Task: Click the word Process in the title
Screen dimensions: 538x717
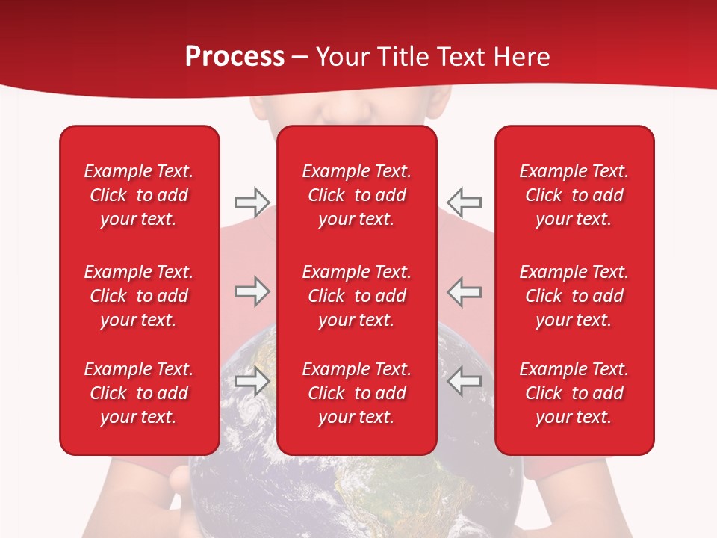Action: [x=235, y=57]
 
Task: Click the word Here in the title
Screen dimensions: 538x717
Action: [x=522, y=57]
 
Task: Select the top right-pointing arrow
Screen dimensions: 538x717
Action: [x=252, y=202]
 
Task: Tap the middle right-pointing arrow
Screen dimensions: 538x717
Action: [x=252, y=291]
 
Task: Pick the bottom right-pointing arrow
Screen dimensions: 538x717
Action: [x=252, y=381]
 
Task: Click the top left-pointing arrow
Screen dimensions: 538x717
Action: [x=465, y=202]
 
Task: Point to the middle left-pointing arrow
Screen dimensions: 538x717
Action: [x=465, y=291]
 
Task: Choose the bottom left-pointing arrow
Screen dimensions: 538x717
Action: [x=465, y=381]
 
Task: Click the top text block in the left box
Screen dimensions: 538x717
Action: [x=139, y=195]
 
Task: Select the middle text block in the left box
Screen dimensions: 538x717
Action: [x=139, y=296]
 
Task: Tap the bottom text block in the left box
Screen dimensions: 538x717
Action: [x=139, y=393]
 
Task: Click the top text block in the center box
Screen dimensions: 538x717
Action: [x=356, y=195]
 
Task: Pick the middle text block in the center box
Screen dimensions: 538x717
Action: [x=356, y=296]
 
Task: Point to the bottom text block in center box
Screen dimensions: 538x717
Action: [x=356, y=393]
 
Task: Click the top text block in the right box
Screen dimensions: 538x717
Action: [x=574, y=195]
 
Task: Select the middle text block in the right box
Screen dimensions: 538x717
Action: [x=574, y=296]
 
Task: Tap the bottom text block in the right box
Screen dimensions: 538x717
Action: [x=574, y=393]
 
